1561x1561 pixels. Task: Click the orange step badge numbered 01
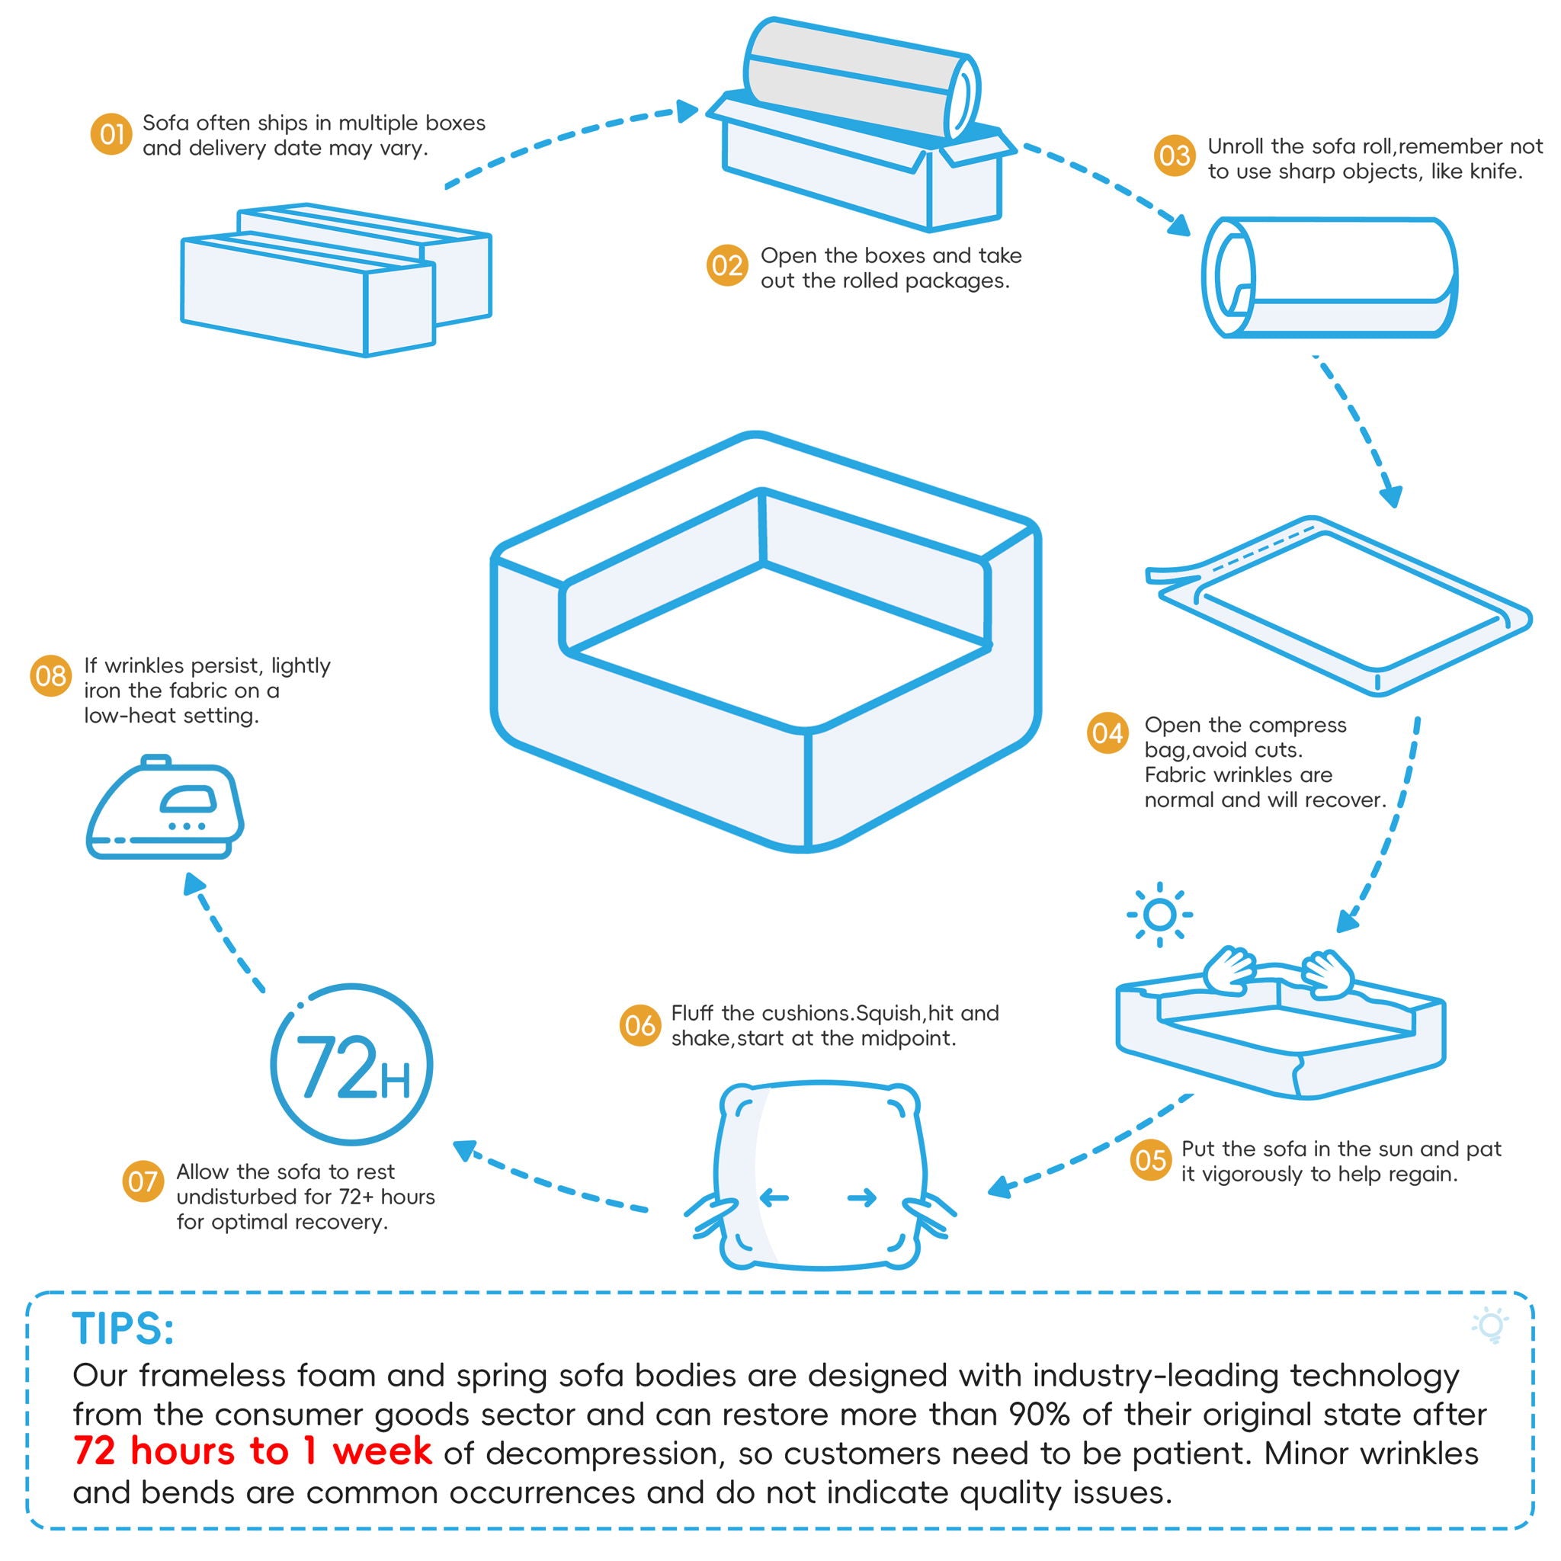click(x=111, y=134)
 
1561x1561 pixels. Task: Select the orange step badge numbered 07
click(x=143, y=1181)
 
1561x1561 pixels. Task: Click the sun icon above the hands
click(x=1159, y=915)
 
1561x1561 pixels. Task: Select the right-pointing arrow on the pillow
click(x=862, y=1197)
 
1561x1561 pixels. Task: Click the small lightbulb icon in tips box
click(x=1491, y=1327)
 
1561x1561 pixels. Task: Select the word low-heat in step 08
click(x=125, y=716)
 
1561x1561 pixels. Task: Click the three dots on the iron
click(x=187, y=825)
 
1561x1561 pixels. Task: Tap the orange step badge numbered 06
click(x=640, y=1026)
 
